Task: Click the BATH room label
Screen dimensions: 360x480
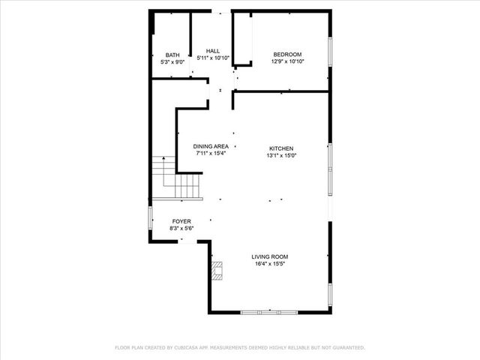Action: point(172,55)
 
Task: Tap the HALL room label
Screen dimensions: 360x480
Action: point(212,51)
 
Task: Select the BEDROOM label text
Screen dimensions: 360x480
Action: point(287,55)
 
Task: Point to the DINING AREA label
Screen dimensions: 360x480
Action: point(210,146)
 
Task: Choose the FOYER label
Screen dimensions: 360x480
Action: point(181,221)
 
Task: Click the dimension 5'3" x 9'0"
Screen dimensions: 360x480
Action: point(172,62)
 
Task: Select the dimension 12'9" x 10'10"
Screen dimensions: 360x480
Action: point(287,61)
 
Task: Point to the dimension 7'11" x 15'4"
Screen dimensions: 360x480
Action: point(210,153)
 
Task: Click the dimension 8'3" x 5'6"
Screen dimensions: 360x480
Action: point(181,228)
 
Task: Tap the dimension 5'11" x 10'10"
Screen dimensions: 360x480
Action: point(212,58)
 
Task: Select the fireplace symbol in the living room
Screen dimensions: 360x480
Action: point(217,271)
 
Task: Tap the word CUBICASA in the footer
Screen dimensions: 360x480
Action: point(193,348)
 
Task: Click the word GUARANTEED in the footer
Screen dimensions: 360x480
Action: point(346,348)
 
